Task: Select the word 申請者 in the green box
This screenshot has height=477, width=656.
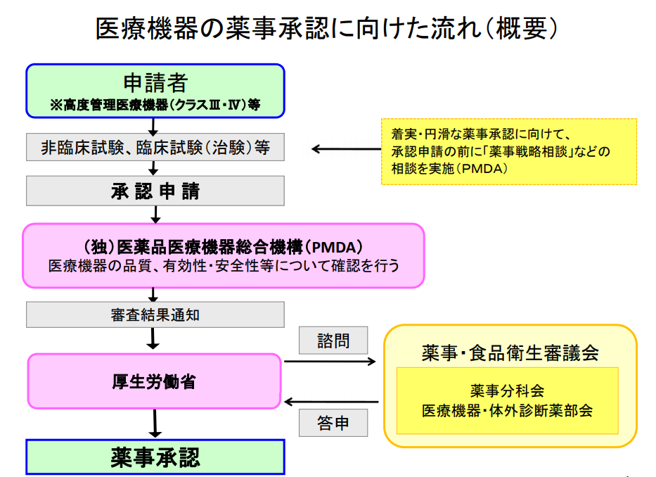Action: pos(155,83)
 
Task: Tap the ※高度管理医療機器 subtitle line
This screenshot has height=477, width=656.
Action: pos(155,106)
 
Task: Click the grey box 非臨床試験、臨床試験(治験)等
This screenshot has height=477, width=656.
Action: pos(155,148)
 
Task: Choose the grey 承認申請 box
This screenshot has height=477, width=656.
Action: pos(155,191)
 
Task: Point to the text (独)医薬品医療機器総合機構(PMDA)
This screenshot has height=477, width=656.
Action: pos(223,248)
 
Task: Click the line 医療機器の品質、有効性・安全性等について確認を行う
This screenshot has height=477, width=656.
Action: pos(223,266)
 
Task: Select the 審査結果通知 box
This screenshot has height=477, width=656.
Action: pos(155,314)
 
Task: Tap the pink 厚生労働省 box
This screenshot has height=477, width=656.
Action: pos(154,381)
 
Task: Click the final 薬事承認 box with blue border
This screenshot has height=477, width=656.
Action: pos(155,457)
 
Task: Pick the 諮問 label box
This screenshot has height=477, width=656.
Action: pos(333,341)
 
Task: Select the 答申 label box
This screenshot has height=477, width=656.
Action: pos(333,424)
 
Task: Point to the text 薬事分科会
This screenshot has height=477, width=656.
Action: pos(507,390)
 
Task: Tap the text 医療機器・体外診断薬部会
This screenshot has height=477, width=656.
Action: pos(507,409)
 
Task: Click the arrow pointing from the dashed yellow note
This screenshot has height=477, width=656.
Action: pos(345,149)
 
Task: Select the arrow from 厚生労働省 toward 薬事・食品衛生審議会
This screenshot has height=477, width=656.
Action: pos(330,362)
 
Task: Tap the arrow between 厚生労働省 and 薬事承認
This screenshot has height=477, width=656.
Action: pos(155,424)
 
